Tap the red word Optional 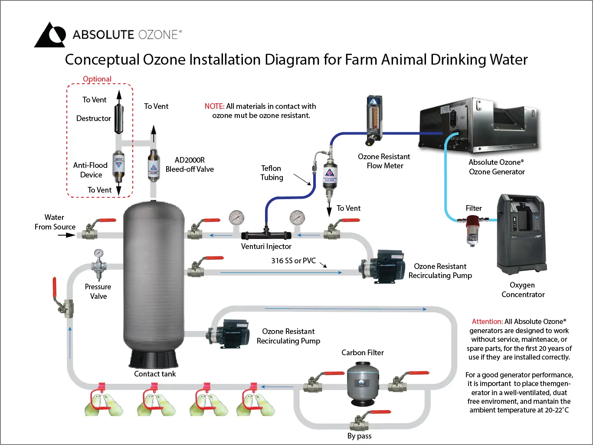tap(97, 79)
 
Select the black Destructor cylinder tap(119, 118)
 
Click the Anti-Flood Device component tap(118, 166)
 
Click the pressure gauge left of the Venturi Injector tap(236, 218)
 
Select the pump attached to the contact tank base tap(228, 334)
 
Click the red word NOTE tap(214, 106)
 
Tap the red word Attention tap(487, 321)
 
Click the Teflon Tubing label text tap(272, 173)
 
